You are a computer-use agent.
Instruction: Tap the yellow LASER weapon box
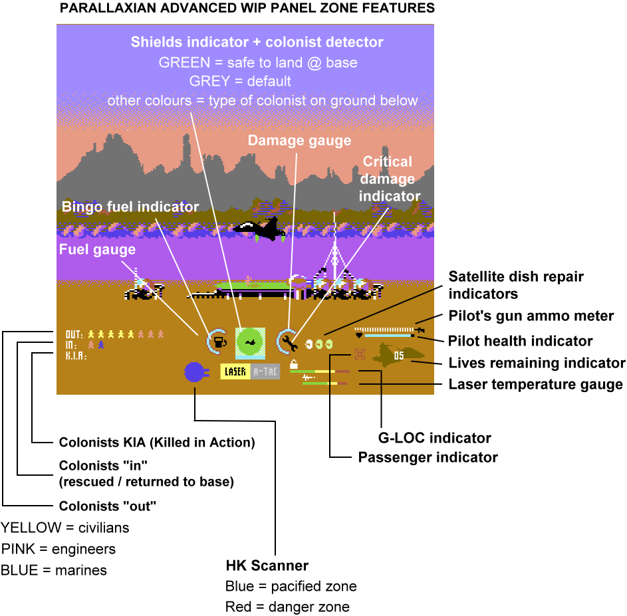tap(235, 372)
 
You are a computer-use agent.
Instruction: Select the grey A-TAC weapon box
tap(265, 372)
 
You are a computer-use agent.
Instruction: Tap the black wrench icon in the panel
tap(288, 342)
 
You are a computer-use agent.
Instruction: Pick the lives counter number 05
tap(398, 356)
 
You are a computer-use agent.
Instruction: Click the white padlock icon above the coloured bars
tap(294, 363)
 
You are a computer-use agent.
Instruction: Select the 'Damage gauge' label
tap(299, 140)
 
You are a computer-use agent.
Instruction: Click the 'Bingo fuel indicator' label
tap(130, 207)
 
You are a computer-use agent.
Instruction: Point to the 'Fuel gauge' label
tap(97, 250)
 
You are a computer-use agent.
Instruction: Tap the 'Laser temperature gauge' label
tap(535, 384)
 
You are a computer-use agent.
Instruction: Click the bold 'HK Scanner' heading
tap(267, 565)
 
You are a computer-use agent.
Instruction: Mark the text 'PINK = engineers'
tap(59, 549)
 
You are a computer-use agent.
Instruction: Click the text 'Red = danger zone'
tap(287, 606)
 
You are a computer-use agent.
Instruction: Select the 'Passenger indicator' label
tap(428, 457)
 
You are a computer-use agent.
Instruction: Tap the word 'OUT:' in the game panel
tap(74, 334)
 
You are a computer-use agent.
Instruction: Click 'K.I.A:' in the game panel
tap(76, 356)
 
